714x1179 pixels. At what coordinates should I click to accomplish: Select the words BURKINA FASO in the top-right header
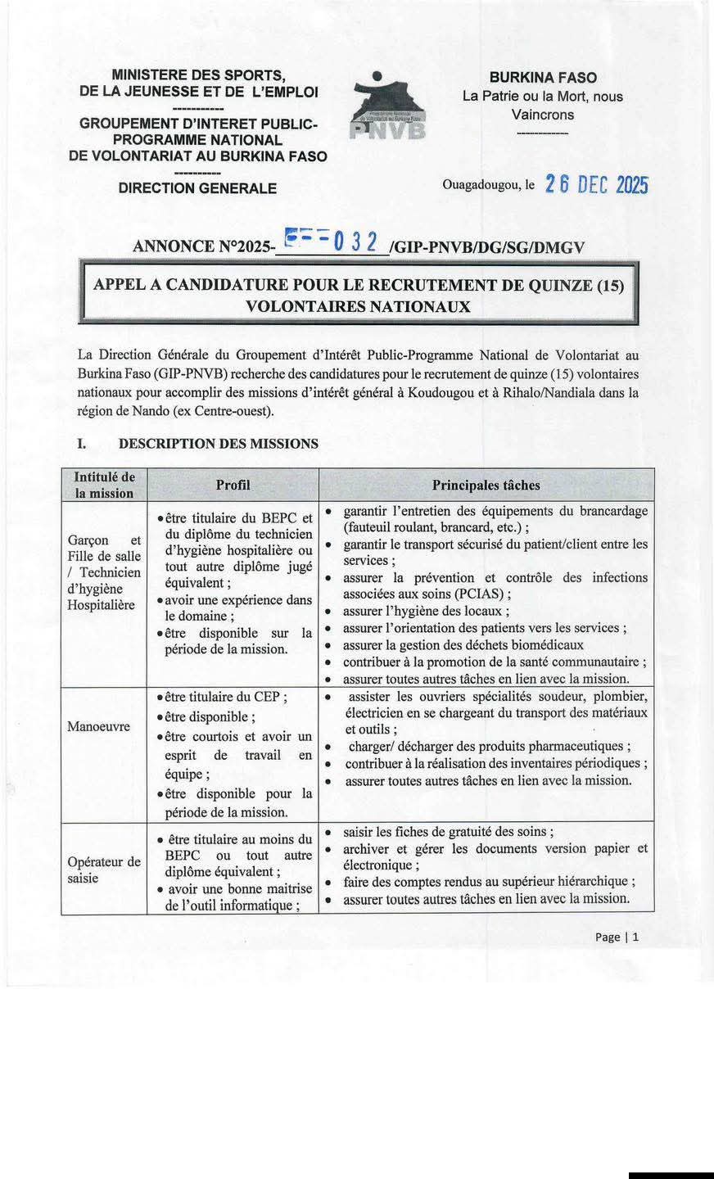tap(543, 78)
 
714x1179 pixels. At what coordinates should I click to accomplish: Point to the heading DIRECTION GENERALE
tap(197, 188)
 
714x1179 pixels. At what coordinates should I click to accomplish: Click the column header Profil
tap(233, 485)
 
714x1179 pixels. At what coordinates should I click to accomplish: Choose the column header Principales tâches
tap(486, 485)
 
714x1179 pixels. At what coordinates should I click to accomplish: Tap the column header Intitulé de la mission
tap(104, 485)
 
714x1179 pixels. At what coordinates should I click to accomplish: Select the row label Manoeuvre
tap(98, 726)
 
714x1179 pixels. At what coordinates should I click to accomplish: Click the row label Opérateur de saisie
tap(104, 870)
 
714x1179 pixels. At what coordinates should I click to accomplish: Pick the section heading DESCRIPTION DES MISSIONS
tap(219, 444)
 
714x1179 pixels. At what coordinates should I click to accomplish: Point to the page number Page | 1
tap(617, 937)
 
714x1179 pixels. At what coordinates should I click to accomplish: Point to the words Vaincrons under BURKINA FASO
tap(543, 115)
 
